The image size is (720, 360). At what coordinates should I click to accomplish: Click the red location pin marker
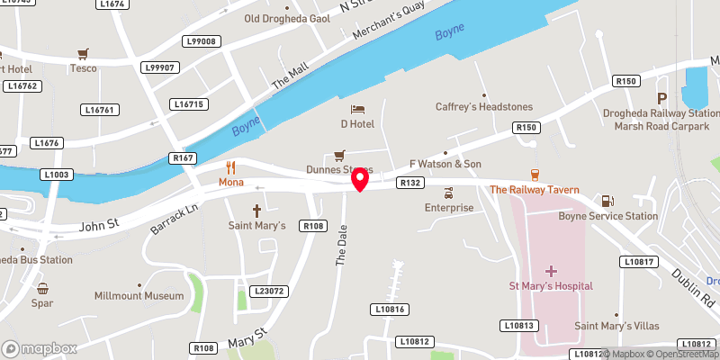360,179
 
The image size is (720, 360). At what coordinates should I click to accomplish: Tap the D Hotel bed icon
357,109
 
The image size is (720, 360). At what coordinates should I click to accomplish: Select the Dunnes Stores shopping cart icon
339,155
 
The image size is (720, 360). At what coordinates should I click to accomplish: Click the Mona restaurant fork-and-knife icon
231,166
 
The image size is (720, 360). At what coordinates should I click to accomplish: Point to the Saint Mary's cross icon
256,211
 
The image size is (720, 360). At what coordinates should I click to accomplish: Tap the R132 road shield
410,183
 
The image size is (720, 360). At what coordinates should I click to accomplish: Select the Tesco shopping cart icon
84,53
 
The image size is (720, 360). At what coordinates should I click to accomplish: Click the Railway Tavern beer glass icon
535,175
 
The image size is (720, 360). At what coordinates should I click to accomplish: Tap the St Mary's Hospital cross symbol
551,270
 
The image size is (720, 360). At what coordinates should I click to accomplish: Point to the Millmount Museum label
139,295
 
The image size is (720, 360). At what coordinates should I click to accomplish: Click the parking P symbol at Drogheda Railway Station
662,98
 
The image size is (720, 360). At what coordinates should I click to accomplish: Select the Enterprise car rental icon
449,193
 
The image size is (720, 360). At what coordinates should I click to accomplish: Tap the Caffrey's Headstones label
484,106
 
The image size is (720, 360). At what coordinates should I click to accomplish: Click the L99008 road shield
201,41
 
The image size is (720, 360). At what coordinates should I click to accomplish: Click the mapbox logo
39,348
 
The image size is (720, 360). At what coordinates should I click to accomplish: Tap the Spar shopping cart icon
42,289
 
